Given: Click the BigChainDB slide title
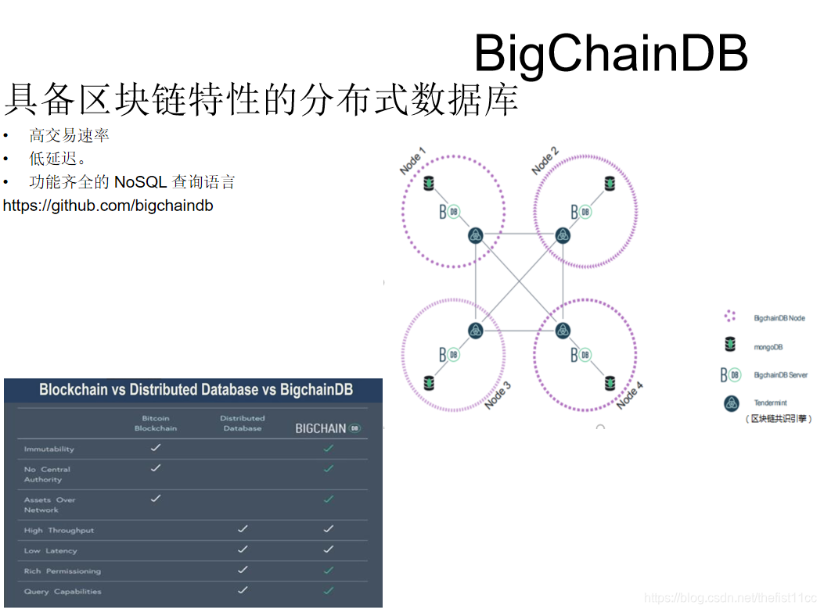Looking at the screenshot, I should [x=610, y=53].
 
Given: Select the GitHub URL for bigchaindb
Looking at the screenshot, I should [x=108, y=206].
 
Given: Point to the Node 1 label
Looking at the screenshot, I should [x=412, y=161].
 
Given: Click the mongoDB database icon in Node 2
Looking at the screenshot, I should [x=610, y=184].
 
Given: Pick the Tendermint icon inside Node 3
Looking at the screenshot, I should [x=476, y=331].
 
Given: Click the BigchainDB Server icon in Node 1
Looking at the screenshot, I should [x=448, y=212].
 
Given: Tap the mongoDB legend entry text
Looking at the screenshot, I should [x=768, y=347].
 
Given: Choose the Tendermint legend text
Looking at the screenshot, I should [x=770, y=403].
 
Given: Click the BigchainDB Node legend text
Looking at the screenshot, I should [x=779, y=318].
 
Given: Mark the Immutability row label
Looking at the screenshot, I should [x=49, y=449].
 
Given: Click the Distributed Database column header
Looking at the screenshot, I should [x=243, y=423].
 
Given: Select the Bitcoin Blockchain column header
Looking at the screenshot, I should [x=156, y=423].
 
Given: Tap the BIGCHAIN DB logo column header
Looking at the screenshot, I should [x=328, y=428].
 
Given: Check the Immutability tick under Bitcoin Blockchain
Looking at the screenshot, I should [x=156, y=448].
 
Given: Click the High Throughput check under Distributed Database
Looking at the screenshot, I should [x=243, y=529].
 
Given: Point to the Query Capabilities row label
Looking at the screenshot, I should [x=63, y=592].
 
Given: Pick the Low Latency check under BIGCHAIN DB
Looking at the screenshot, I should [x=329, y=549].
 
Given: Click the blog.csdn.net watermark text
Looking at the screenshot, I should [x=730, y=598].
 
